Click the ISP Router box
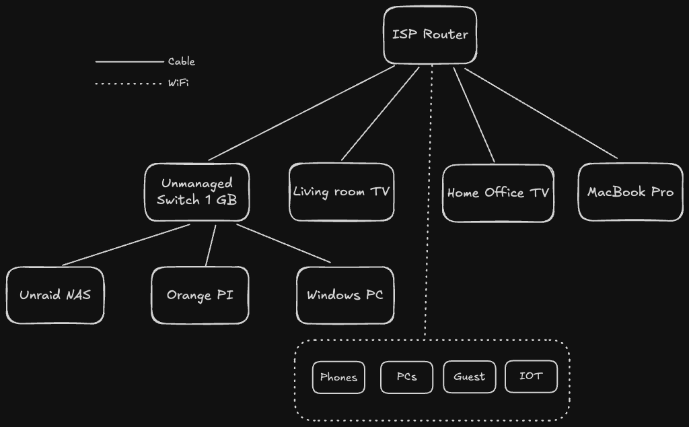tap(430, 35)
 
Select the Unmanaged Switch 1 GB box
tap(196, 192)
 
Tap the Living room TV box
tap(341, 192)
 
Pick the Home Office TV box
tap(498, 193)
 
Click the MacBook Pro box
tap(630, 192)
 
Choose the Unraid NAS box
tap(55, 296)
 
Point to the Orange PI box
tap(200, 296)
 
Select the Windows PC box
tap(345, 296)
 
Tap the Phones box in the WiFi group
tap(338, 377)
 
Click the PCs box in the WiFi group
tap(406, 376)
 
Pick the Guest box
tap(469, 376)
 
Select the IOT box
tap(531, 376)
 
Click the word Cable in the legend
tap(182, 61)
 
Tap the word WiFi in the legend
tap(178, 84)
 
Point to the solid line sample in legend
tap(129, 61)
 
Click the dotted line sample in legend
tap(129, 84)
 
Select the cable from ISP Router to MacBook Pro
tap(541, 114)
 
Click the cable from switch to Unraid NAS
tap(126, 245)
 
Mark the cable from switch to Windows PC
tap(283, 243)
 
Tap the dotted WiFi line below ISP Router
tap(429, 202)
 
